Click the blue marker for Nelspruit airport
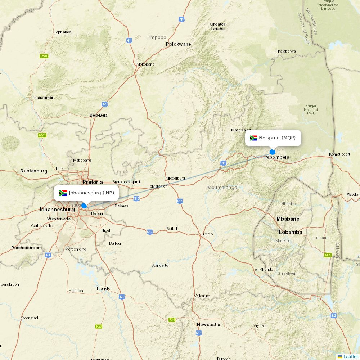[x=273, y=152]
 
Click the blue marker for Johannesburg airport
[x=84, y=206]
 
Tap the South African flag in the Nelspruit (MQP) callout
[x=253, y=138]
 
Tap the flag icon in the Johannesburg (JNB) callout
[x=63, y=193]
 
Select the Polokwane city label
[x=178, y=44]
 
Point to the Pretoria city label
[x=93, y=182]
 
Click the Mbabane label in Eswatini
[x=288, y=219]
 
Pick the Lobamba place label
[x=290, y=232]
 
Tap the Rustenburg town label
[x=33, y=171]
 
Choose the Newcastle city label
[x=208, y=325]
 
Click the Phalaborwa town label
[x=285, y=51]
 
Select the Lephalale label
[x=62, y=32]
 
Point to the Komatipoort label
[x=339, y=154]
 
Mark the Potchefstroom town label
[x=26, y=248]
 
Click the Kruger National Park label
[x=311, y=110]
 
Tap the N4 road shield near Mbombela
[x=224, y=163]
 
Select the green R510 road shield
[x=44, y=56]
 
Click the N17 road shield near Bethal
[x=150, y=232]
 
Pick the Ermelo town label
[x=207, y=234]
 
